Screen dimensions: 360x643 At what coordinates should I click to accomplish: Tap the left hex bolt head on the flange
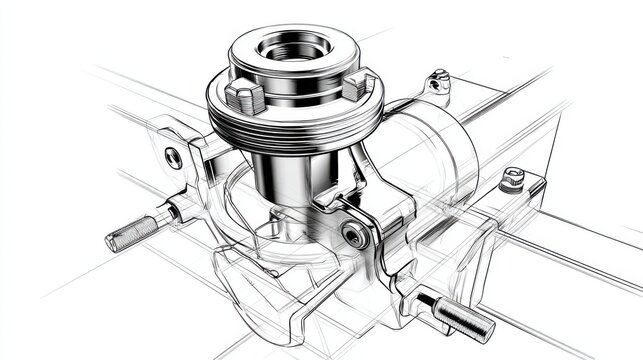(x=244, y=97)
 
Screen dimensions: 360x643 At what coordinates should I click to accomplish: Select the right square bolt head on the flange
(x=359, y=86)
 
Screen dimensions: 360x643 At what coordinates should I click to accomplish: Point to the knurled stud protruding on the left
(x=133, y=232)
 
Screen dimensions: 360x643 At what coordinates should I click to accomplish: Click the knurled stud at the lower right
(x=464, y=319)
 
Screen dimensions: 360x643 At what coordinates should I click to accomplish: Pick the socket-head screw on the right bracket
(x=512, y=179)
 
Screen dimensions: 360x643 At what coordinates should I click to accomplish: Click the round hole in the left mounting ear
(x=174, y=156)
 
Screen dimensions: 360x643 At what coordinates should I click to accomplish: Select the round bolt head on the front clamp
(x=352, y=236)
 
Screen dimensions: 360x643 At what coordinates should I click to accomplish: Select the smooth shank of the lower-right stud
(x=430, y=301)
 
